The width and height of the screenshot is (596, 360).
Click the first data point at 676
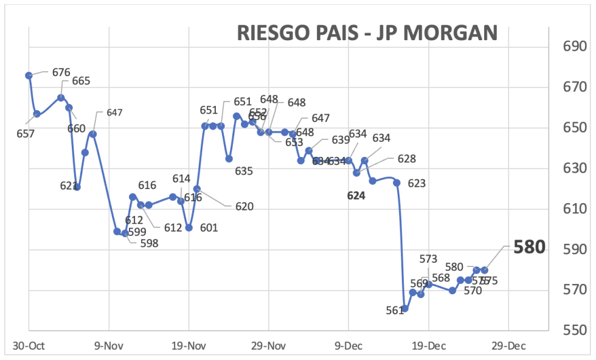tap(29, 75)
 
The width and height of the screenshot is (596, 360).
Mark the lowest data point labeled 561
tap(405, 308)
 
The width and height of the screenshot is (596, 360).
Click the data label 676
tap(61, 72)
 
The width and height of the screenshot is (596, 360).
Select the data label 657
tap(26, 133)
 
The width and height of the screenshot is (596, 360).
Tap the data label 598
tap(148, 243)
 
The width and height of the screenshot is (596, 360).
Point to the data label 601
tap(209, 229)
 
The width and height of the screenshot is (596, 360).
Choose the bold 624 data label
tap(356, 196)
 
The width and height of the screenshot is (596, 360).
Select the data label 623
tap(417, 183)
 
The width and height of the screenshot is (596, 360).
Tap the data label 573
tap(428, 260)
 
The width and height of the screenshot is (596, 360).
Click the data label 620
tap(244, 207)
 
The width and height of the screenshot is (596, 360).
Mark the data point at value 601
tap(189, 227)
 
